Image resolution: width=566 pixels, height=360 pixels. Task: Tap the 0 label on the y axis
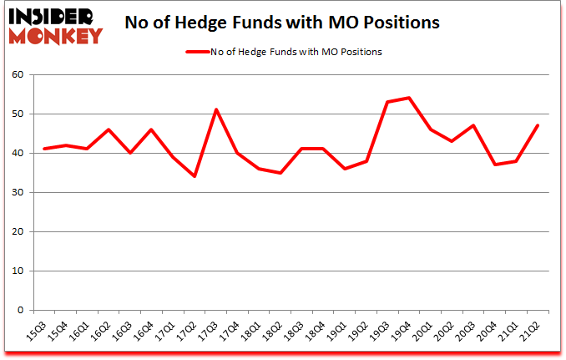pyautogui.click(x=19, y=311)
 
